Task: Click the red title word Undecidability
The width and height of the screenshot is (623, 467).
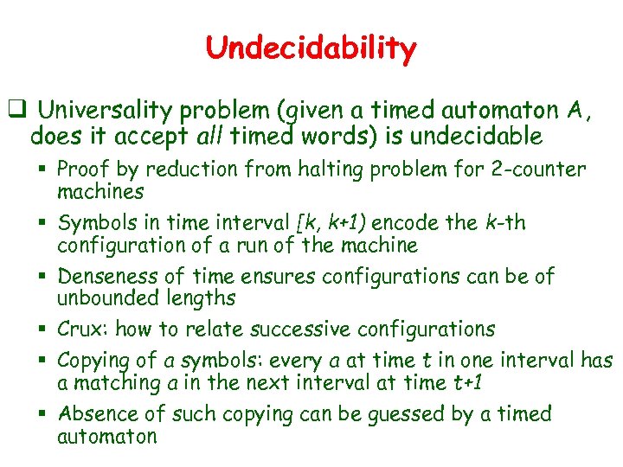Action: pos(311,48)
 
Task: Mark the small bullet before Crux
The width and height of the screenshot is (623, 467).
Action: pos(43,329)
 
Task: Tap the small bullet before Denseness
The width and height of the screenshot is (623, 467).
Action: pos(43,277)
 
